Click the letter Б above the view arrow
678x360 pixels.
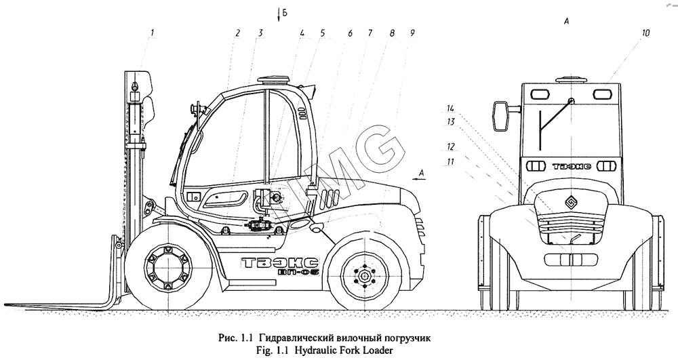click(x=288, y=13)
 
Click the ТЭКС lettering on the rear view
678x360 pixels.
click(x=568, y=165)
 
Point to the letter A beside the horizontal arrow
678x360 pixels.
click(x=421, y=174)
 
